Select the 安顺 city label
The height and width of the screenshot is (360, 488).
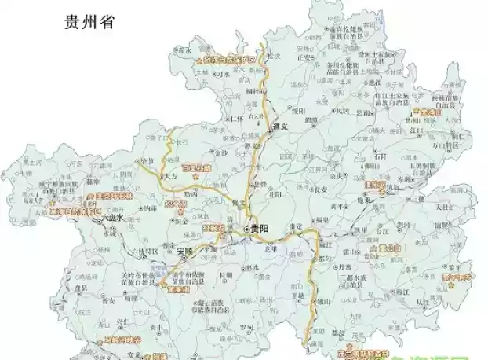[185, 252]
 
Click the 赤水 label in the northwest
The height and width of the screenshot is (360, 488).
[186, 50]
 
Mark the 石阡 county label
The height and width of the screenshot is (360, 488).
[359, 156]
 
